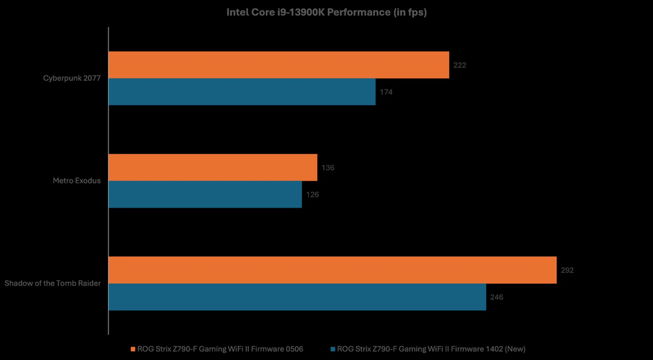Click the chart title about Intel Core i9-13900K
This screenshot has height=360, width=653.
pyautogui.click(x=326, y=12)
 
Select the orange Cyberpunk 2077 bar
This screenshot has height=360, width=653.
pyautogui.click(x=279, y=65)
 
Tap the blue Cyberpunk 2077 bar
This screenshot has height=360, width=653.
pyautogui.click(x=242, y=92)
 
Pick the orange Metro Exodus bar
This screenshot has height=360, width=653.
pyautogui.click(x=213, y=167)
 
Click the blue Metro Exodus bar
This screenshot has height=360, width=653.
pyautogui.click(x=205, y=194)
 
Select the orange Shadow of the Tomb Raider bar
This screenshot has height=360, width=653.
pyautogui.click(x=332, y=270)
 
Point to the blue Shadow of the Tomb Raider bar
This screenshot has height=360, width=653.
pyautogui.click(x=297, y=297)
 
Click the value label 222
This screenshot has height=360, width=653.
pyautogui.click(x=459, y=65)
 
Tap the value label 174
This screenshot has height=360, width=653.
pyautogui.click(x=386, y=92)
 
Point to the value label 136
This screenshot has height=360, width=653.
pyautogui.click(x=328, y=168)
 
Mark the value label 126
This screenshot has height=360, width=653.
pyautogui.click(x=312, y=194)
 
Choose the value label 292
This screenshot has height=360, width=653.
pyautogui.click(x=567, y=270)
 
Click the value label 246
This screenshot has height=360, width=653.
pyautogui.click(x=496, y=297)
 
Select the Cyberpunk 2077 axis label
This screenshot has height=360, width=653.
pyautogui.click(x=72, y=78)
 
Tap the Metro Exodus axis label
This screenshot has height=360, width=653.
pyautogui.click(x=77, y=181)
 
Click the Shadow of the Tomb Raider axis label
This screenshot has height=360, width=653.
pyautogui.click(x=52, y=283)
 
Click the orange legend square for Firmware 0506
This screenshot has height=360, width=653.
pyautogui.click(x=133, y=349)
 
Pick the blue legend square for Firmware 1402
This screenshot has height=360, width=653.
pyautogui.click(x=333, y=349)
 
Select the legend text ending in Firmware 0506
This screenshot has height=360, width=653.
pyautogui.click(x=220, y=349)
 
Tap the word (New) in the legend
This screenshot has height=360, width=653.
pyautogui.click(x=515, y=349)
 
